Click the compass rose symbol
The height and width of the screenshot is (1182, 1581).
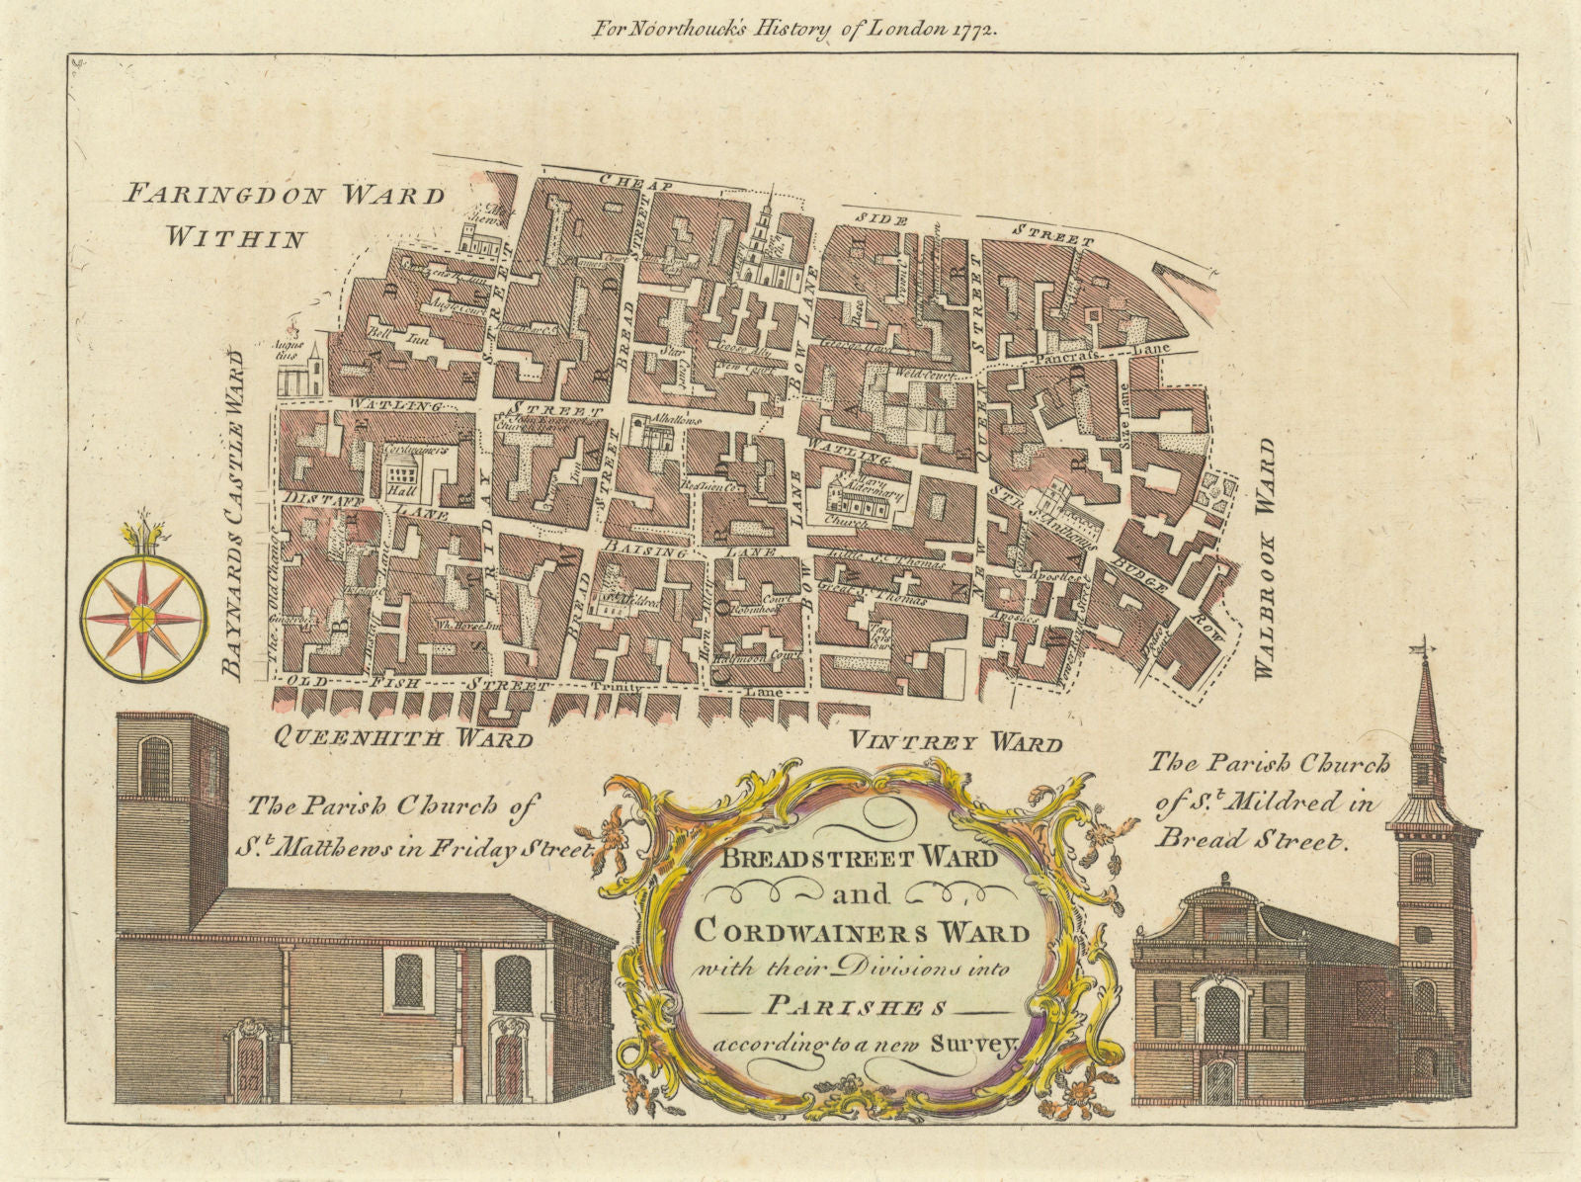pyautogui.click(x=143, y=618)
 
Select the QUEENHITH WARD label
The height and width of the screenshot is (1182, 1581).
pyautogui.click(x=403, y=737)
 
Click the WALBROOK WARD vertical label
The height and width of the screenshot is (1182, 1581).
pyautogui.click(x=1265, y=559)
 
